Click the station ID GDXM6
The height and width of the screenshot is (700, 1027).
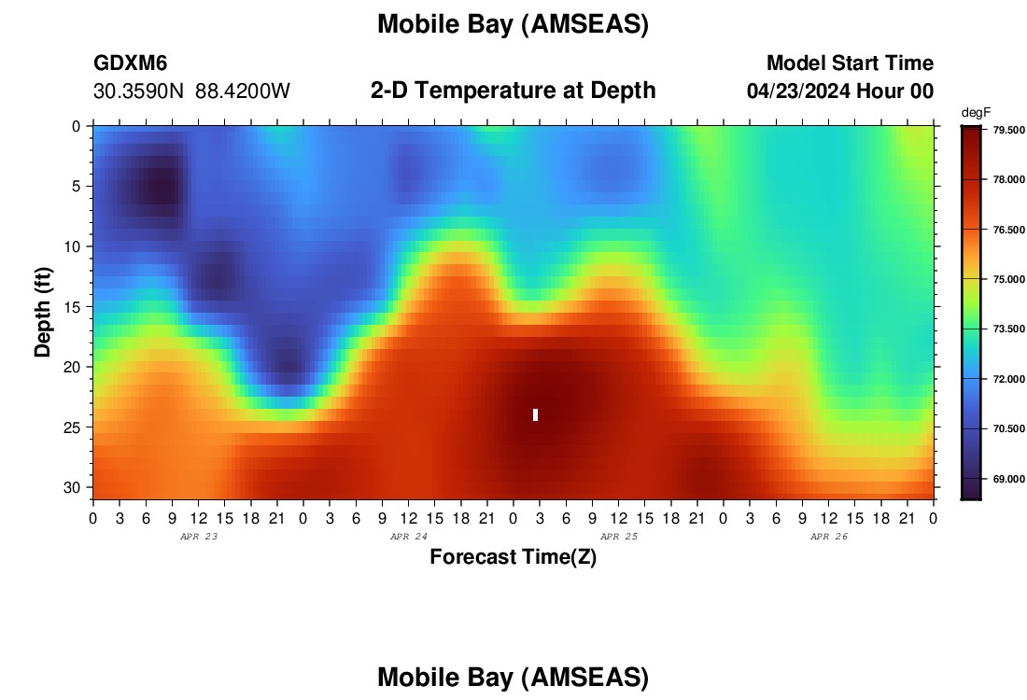click(131, 63)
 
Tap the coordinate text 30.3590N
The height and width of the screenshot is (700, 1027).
click(138, 91)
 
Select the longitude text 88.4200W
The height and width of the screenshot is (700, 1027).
click(243, 91)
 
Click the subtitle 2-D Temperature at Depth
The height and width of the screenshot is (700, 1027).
click(513, 91)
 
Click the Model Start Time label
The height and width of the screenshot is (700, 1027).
click(850, 63)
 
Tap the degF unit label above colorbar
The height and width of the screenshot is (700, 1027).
click(976, 113)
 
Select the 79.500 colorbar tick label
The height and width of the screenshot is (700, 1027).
click(1008, 130)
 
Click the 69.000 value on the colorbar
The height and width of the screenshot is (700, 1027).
click(1008, 479)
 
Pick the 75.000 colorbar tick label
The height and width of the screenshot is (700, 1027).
click(1008, 279)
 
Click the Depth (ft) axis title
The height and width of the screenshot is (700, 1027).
click(43, 312)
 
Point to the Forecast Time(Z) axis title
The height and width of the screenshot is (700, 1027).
click(513, 556)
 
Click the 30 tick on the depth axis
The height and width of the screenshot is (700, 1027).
click(72, 488)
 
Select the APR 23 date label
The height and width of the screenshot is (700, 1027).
click(199, 537)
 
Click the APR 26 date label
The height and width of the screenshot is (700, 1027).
click(828, 537)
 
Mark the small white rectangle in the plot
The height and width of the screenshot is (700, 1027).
click(535, 414)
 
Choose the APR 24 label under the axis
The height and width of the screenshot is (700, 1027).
click(409, 537)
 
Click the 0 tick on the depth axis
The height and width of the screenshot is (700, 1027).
click(77, 126)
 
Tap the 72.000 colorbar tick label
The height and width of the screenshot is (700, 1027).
click(1008, 379)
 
